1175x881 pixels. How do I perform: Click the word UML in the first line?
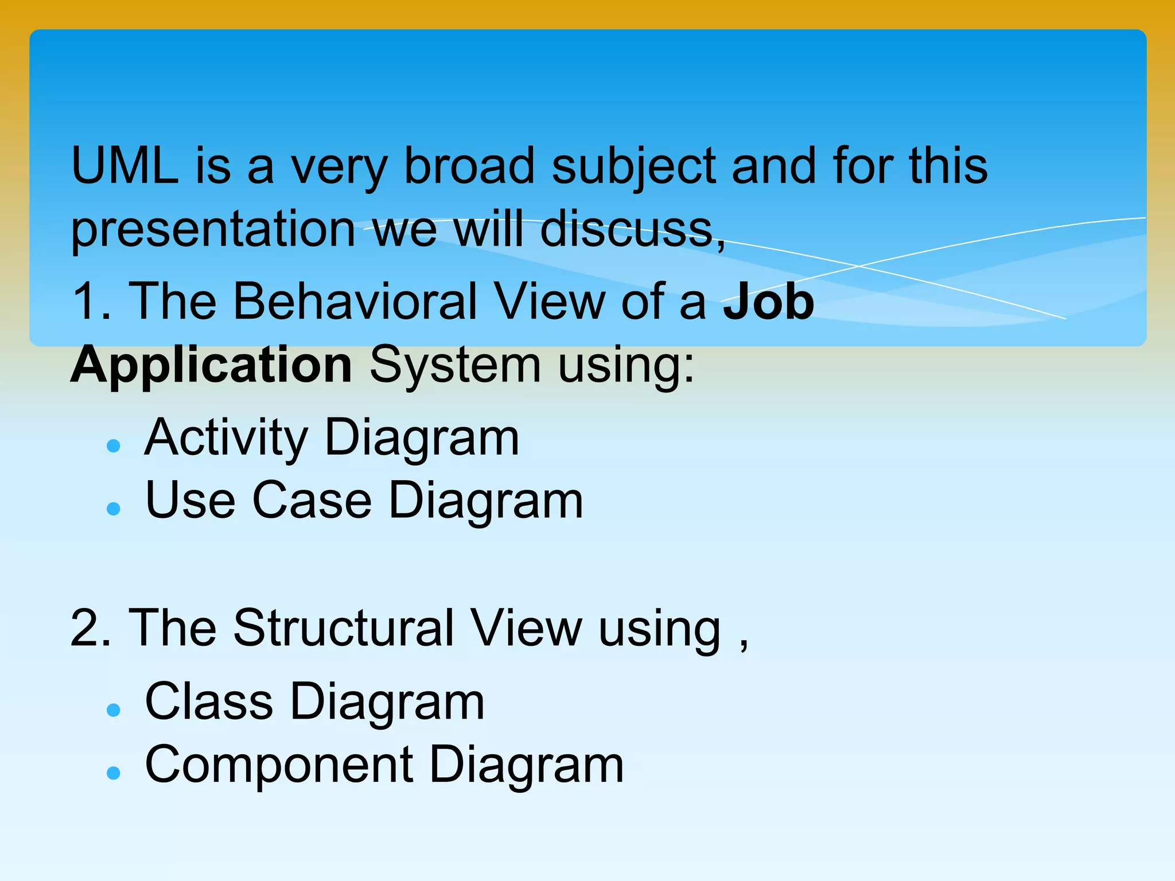click(x=124, y=166)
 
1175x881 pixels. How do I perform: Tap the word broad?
click(x=469, y=166)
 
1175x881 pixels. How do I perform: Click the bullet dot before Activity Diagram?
click(x=114, y=446)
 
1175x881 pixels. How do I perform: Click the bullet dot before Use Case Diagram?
click(x=114, y=508)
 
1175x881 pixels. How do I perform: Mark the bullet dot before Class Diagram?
click(x=114, y=710)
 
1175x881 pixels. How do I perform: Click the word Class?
click(x=209, y=702)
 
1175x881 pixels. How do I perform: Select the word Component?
click(x=279, y=766)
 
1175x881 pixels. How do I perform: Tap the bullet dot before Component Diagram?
click(x=114, y=773)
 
